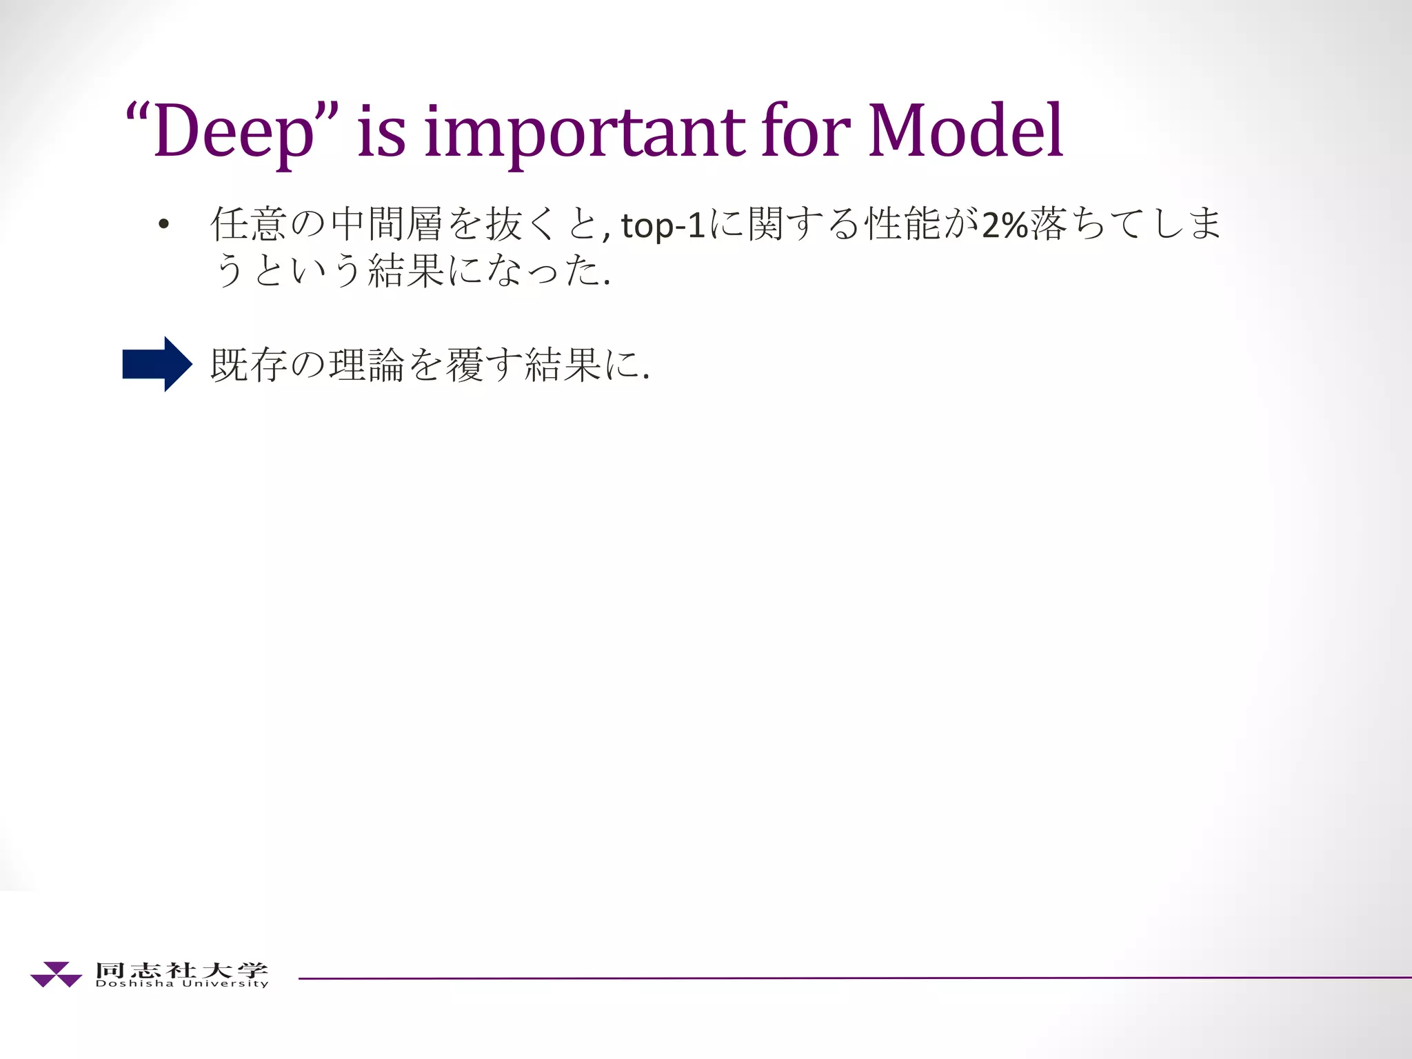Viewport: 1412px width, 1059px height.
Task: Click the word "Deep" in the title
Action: (x=234, y=131)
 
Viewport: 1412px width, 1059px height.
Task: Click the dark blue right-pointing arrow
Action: (x=157, y=364)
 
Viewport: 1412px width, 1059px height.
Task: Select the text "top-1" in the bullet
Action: (x=663, y=225)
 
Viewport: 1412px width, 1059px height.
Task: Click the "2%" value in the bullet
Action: (x=1005, y=225)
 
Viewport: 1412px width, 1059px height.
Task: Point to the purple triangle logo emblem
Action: (x=56, y=974)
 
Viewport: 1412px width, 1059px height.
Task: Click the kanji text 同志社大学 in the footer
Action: (x=181, y=969)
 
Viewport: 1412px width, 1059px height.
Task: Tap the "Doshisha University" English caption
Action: (x=181, y=984)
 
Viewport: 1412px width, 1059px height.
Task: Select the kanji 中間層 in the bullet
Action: (x=386, y=224)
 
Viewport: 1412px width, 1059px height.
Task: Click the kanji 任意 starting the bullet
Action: (x=248, y=224)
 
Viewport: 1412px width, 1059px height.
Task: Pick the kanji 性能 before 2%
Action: (x=903, y=224)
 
